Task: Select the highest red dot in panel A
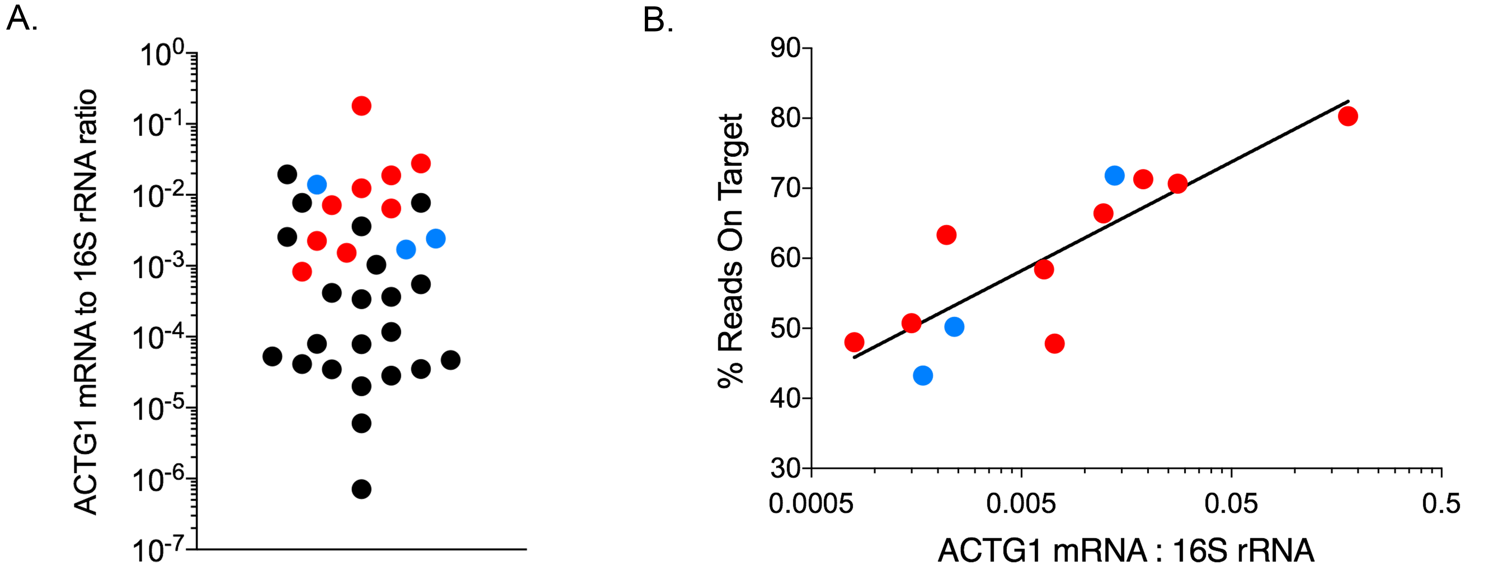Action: point(361,106)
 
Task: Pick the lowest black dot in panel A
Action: point(361,489)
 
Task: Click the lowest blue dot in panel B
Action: point(923,375)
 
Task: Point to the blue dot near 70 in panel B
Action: point(1114,176)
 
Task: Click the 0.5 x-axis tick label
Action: point(1441,504)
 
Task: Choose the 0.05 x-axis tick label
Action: point(1231,504)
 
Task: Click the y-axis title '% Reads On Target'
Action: point(730,250)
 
